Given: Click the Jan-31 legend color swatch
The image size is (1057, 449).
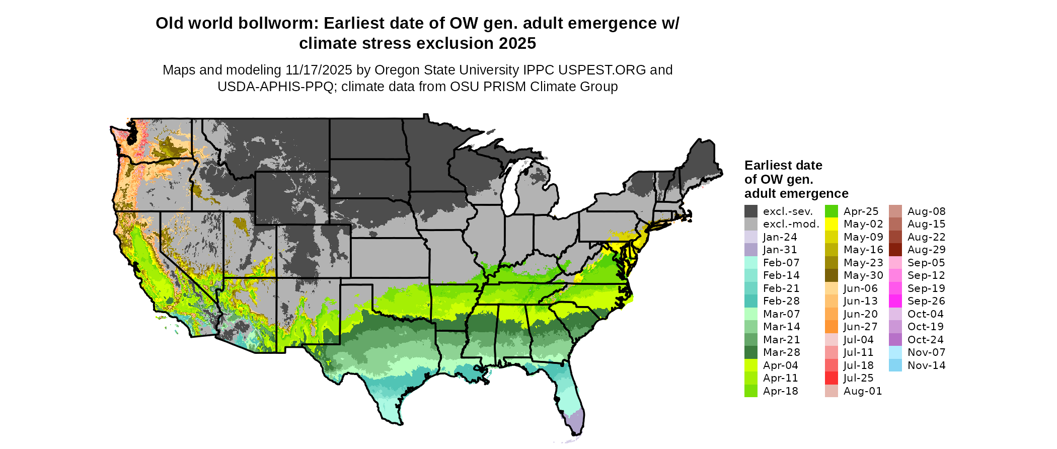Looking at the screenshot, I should (x=751, y=250).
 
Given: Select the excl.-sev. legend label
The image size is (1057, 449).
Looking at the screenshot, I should (x=788, y=211).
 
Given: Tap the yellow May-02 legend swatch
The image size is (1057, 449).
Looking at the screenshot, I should (x=832, y=224).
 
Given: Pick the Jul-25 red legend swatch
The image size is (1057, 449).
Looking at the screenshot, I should (x=832, y=378).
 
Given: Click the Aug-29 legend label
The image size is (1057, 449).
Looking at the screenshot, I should (x=926, y=250).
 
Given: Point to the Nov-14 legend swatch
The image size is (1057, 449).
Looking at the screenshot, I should (x=895, y=365).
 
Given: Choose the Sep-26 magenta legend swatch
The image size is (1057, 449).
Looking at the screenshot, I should (x=895, y=301).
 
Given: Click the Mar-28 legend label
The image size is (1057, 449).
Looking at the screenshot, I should (x=781, y=352).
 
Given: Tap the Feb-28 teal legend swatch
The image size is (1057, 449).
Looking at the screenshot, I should (x=751, y=301).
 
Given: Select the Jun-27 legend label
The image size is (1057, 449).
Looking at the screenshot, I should (x=860, y=327).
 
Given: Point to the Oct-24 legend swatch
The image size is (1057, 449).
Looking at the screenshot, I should (x=895, y=340).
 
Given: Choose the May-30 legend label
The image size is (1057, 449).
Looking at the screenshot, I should (x=863, y=275).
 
